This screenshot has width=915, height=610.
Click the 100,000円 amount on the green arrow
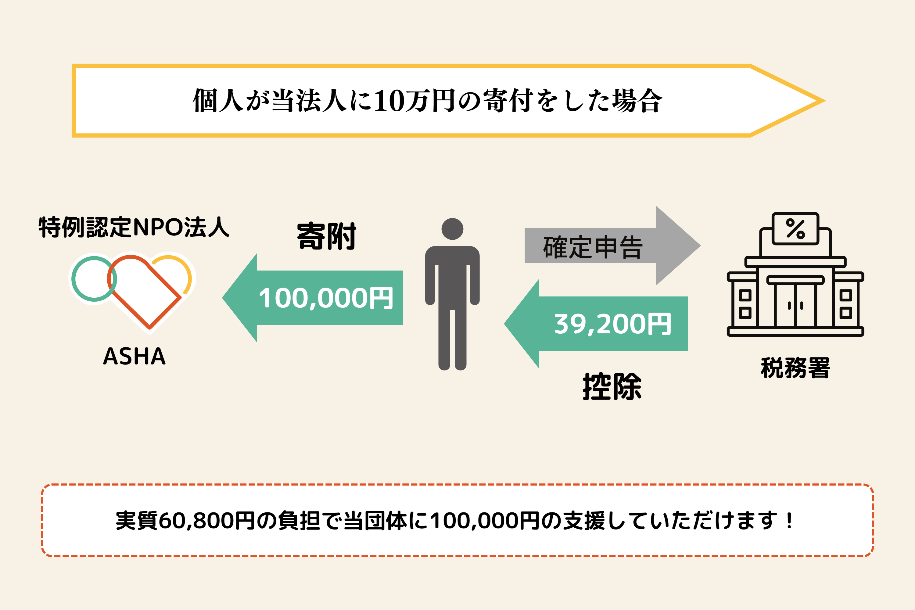pos(326,298)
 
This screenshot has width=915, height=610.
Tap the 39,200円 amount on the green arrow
pos(612,324)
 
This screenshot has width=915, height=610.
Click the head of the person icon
pos(452,229)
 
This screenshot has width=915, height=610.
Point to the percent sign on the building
pos(795,228)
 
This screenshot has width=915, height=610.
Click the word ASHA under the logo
pos(134,356)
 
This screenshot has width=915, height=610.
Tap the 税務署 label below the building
pos(795,368)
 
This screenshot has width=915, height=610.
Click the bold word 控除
pos(612,387)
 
